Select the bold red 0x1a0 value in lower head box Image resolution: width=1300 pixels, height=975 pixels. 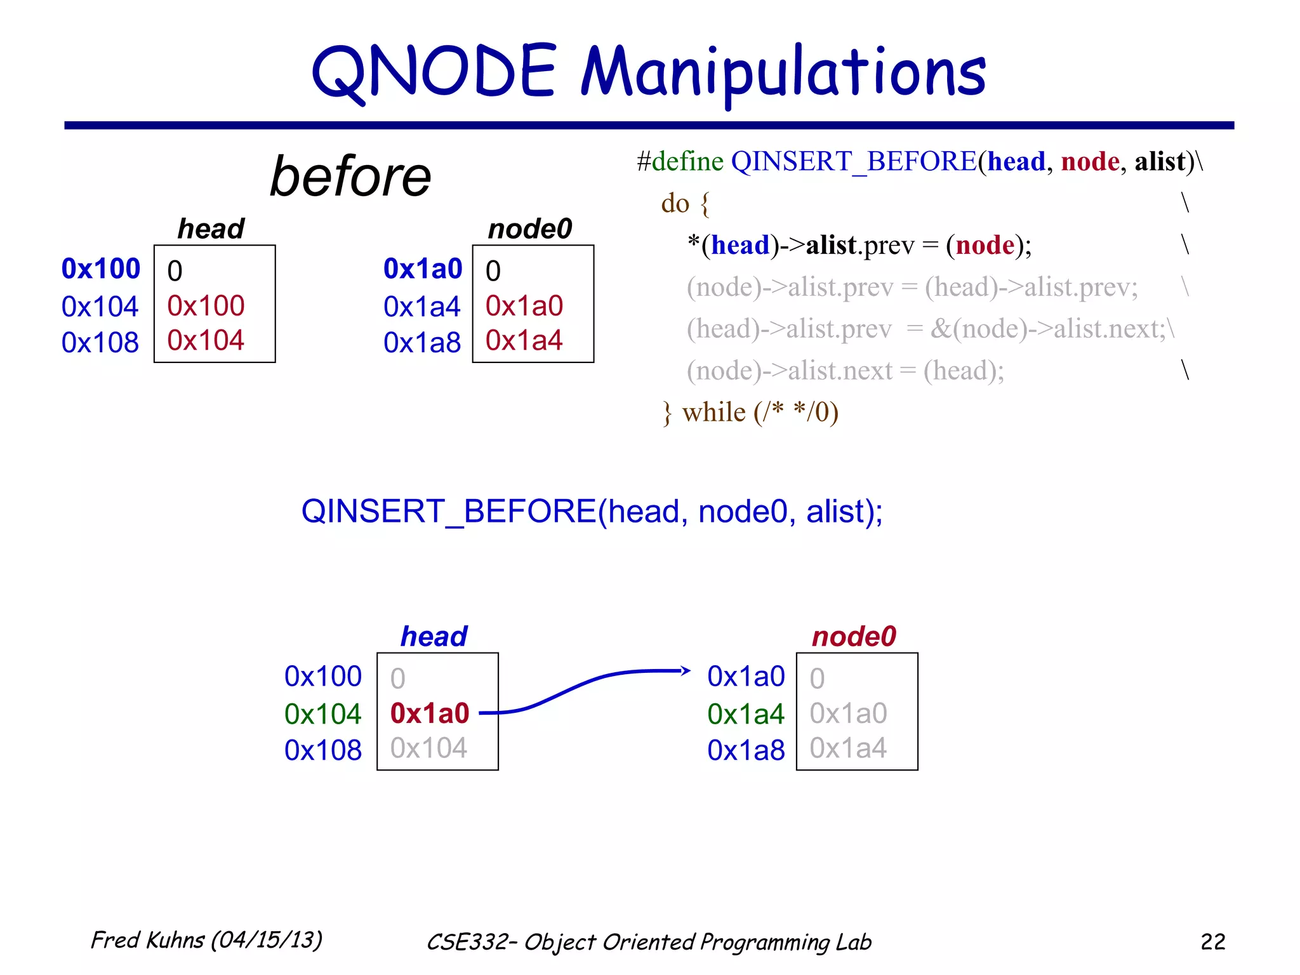tap(430, 713)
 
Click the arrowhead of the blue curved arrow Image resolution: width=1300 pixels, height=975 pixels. tap(686, 670)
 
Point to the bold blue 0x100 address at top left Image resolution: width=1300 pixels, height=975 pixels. tap(100, 269)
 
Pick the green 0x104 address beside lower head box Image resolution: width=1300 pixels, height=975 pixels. tap(322, 714)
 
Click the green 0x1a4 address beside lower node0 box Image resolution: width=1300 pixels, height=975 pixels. tap(746, 714)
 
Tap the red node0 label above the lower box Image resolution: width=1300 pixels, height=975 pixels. tap(854, 636)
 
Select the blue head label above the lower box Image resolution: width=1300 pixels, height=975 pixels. tap(434, 636)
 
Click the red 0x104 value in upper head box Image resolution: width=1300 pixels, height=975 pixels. tap(206, 341)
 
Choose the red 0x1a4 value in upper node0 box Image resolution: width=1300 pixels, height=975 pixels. tap(524, 341)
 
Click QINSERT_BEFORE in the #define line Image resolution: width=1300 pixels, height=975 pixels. tap(854, 161)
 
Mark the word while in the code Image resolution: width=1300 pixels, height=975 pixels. tap(713, 413)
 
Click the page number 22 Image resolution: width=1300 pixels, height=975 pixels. tap(1212, 941)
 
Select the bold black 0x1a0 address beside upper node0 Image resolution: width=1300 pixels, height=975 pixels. tap(423, 269)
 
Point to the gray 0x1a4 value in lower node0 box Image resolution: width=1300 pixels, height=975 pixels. tap(848, 748)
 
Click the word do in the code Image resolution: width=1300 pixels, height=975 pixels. tap(675, 203)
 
